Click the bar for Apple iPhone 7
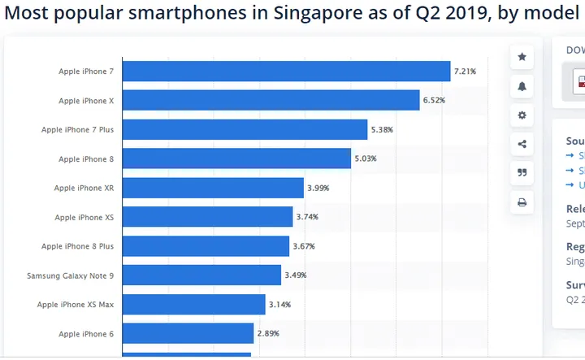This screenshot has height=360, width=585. coord(286,72)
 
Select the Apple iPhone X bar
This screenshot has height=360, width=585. coord(271,101)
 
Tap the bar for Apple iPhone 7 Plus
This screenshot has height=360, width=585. coord(245,130)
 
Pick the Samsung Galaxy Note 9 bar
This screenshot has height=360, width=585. coord(201,275)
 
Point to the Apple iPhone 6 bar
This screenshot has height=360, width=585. coord(188,334)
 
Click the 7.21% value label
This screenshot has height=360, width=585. coord(466,72)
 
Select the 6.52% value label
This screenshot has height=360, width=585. coord(434,101)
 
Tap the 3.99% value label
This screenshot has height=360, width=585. coord(318,188)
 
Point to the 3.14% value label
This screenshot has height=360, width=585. coord(279,305)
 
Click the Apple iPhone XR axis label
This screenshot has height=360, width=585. coord(84,188)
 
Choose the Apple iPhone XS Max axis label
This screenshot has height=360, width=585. coord(75,305)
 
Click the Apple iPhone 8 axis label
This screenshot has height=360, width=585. coord(86,159)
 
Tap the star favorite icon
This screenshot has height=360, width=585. coord(522,57)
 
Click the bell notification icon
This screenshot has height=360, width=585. coord(522,86)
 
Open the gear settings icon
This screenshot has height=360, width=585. coord(522,115)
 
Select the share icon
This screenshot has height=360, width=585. coord(522,145)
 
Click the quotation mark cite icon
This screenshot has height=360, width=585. coord(522,173)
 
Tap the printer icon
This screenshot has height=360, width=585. coord(522,202)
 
